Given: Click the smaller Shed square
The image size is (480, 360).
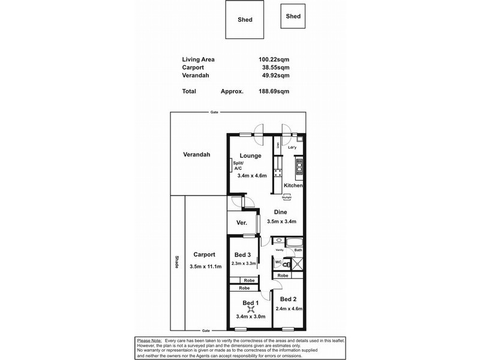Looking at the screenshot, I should [x=293, y=16].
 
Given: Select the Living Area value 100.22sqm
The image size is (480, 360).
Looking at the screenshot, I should [x=273, y=59].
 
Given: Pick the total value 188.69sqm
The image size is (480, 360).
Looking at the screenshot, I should [x=273, y=91].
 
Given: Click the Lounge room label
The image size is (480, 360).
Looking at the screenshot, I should [x=250, y=156].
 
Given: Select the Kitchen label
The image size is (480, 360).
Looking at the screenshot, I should [x=293, y=186].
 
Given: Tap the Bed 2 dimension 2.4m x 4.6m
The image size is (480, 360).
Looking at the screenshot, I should [x=288, y=309].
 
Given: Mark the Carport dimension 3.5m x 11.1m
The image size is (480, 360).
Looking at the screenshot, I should [x=206, y=266].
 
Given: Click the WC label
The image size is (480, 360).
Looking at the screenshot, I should [x=278, y=262].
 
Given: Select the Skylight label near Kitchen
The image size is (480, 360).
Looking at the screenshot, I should [x=287, y=197].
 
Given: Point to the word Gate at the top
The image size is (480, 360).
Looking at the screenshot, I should [x=214, y=113].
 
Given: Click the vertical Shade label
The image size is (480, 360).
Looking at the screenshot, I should [x=177, y=262].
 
